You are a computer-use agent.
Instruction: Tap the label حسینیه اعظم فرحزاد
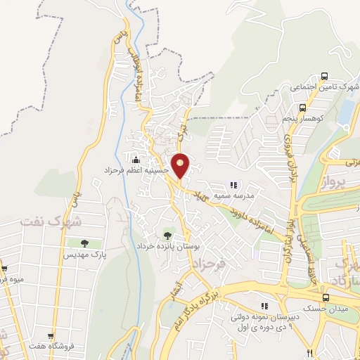click(134, 171)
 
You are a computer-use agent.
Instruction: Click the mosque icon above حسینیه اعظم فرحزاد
click(135, 159)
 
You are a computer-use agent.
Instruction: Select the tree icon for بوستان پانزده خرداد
click(167, 236)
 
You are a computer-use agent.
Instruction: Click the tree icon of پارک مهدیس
click(84, 243)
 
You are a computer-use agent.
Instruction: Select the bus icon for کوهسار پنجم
click(302, 108)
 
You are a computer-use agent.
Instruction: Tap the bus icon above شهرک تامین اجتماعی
click(324, 76)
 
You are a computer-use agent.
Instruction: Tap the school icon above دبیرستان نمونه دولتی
click(264, 306)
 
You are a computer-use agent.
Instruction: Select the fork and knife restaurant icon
click(309, 351)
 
